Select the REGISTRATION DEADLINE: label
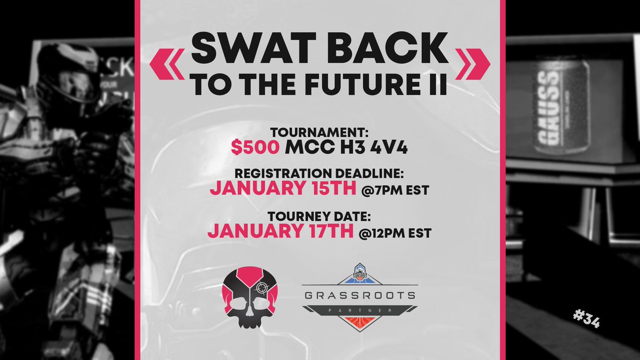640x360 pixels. click(319, 174)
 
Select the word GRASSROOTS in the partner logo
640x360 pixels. click(359, 296)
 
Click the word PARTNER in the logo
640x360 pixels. click(359, 310)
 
